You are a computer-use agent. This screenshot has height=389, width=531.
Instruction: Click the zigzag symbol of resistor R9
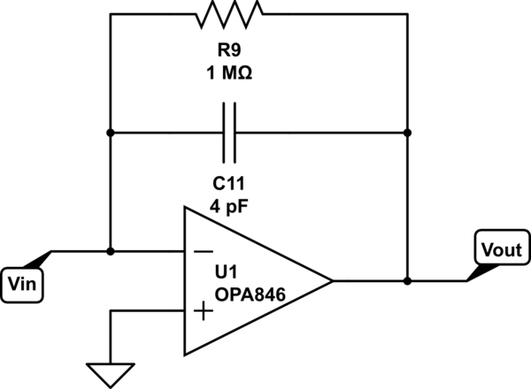(229, 14)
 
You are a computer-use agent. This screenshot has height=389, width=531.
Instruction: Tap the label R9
(229, 54)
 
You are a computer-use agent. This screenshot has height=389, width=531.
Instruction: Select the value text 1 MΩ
(229, 75)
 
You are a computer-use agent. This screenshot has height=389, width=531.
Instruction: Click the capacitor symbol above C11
(229, 133)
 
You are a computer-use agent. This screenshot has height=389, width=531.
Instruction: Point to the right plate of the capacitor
(235, 133)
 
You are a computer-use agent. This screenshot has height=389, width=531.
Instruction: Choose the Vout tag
(501, 249)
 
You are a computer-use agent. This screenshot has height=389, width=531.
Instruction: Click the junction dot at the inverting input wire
(110, 251)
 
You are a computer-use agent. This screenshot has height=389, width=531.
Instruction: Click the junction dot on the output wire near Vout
(407, 281)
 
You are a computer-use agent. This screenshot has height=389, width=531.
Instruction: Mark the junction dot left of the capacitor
(110, 133)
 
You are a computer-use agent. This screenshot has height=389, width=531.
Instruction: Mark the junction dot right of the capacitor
(407, 133)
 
